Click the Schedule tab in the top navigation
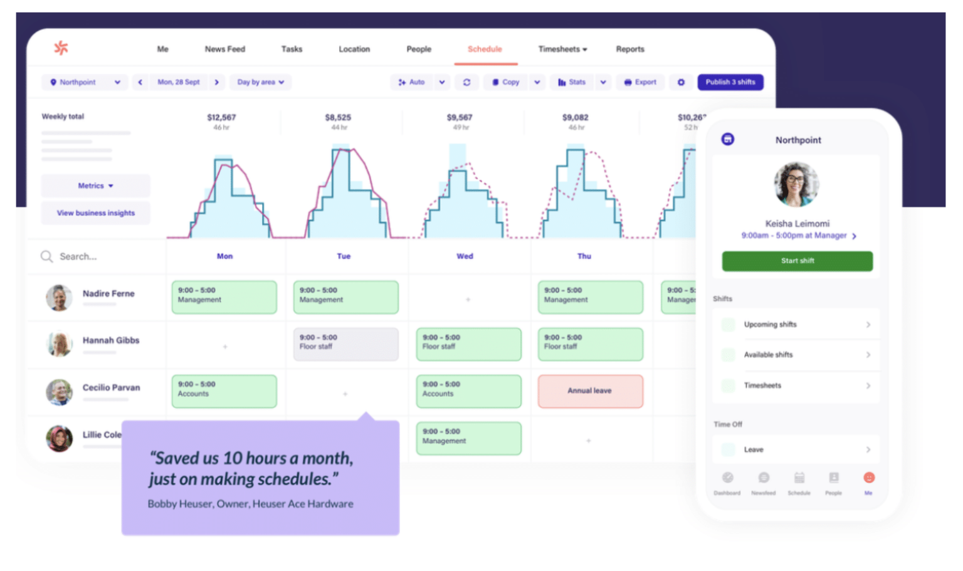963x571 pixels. pos(485,49)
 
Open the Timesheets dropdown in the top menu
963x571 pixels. pos(562,49)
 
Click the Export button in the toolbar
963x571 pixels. pos(640,82)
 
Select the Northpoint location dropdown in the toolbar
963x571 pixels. pos(85,82)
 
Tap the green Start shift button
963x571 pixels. pos(797,261)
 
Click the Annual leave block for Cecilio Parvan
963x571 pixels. pos(590,391)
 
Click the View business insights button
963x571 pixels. pos(95,213)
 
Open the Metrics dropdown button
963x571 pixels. pos(95,186)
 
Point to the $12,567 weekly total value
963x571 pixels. pos(221,117)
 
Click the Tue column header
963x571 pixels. pos(344,256)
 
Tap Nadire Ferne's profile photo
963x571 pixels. pos(59,298)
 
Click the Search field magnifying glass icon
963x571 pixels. pos(46,256)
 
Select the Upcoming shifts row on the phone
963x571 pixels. pos(796,325)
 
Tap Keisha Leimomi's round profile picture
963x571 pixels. pos(796,184)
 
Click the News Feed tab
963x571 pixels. pos(224,49)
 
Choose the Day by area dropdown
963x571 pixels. pos(260,82)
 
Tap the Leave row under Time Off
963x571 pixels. pos(796,449)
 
